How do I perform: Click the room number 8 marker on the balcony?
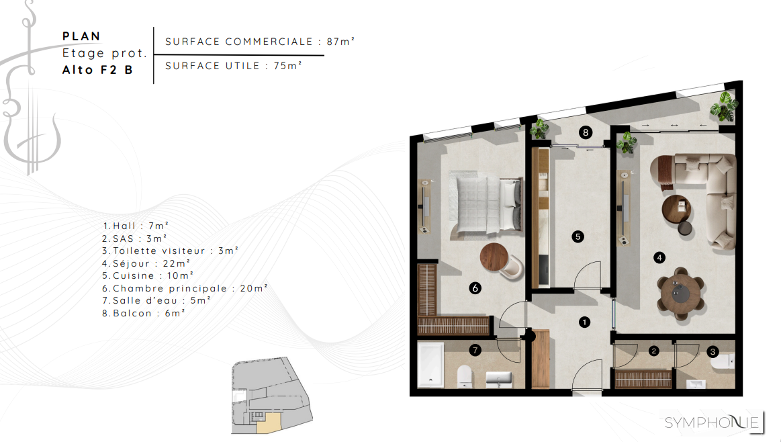pos(586,132)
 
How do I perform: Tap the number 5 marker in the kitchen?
pos(578,236)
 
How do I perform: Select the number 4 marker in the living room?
pos(659,258)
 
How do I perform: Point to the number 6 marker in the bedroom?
pos(475,288)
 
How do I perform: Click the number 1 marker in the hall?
pos(584,322)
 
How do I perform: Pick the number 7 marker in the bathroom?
pos(475,351)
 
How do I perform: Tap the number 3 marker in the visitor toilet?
pos(713,352)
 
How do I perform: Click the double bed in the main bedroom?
pos(486,202)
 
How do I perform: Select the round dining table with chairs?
pos(680,294)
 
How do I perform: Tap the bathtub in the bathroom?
pos(430,365)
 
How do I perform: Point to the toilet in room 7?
pos(465,376)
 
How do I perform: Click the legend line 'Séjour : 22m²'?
pos(146,263)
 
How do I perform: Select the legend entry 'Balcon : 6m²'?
pos(144,313)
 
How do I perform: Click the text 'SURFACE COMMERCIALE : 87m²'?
pos(259,42)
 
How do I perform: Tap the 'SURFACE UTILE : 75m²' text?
pos(234,66)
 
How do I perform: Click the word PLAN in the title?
pos(81,36)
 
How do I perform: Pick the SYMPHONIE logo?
pos(713,422)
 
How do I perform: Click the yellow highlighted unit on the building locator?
pos(269,422)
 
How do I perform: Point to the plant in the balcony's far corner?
pos(723,106)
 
